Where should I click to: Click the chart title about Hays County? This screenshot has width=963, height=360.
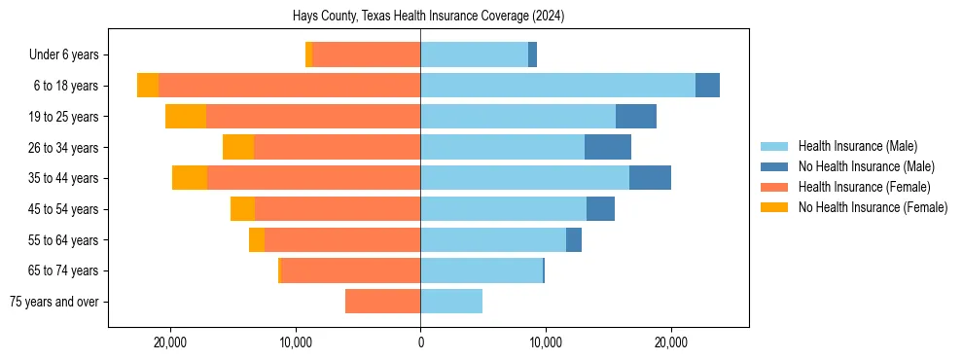tap(428, 17)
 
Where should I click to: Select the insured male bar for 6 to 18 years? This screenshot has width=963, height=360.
tap(557, 86)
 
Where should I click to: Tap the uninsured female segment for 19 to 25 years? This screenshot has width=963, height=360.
tap(186, 117)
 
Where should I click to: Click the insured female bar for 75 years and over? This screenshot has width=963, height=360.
tap(382, 302)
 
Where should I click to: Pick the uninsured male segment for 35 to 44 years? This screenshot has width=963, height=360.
tap(650, 178)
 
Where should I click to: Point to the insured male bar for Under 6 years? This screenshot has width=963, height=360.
tap(474, 54)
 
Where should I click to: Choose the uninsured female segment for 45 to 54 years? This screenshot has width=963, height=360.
tap(242, 209)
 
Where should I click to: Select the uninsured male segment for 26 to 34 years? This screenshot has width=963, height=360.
tap(608, 147)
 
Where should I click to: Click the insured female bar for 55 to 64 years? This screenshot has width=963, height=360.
tap(342, 240)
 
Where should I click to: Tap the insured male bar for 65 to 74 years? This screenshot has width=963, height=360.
tap(481, 270)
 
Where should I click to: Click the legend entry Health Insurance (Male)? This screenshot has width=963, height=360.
tap(857, 146)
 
